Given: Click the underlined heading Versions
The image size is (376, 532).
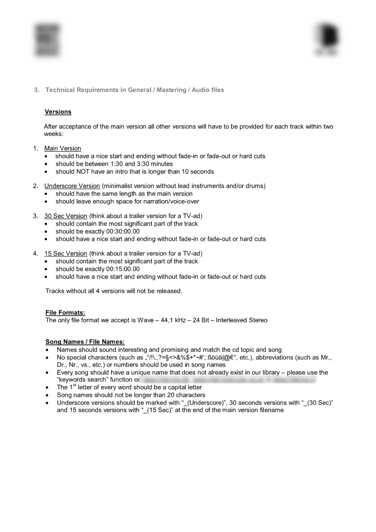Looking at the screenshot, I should (x=58, y=112).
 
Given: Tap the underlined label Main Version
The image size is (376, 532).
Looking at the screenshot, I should (x=63, y=149).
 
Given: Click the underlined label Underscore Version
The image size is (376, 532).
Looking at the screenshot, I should (x=72, y=186).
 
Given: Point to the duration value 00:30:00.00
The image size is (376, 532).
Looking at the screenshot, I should (x=120, y=231).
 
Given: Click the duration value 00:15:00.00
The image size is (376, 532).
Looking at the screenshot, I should (x=120, y=269).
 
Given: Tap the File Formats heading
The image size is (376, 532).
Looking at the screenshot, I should (x=65, y=312).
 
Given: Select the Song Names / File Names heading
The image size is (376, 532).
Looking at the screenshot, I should (x=85, y=342).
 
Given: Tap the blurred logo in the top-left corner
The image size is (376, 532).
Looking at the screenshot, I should (x=46, y=40).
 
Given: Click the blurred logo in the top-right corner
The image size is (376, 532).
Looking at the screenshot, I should (x=327, y=39).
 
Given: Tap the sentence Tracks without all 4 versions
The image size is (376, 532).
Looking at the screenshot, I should (x=113, y=291).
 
